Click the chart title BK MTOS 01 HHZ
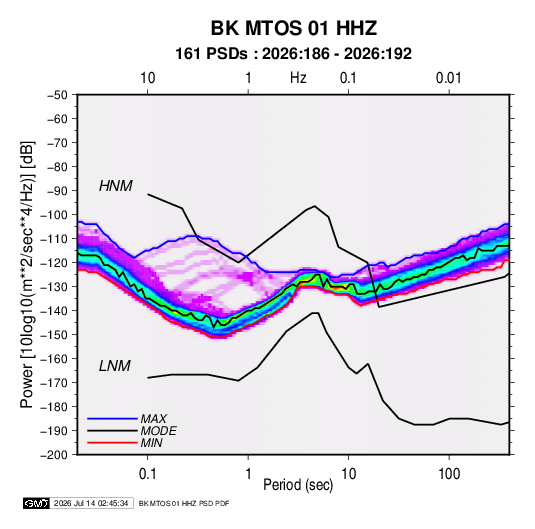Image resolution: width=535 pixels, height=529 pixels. click(294, 28)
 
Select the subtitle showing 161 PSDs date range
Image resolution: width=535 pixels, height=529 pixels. click(293, 54)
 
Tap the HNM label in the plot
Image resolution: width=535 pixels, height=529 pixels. click(116, 186)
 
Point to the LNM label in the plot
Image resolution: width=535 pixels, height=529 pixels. click(115, 366)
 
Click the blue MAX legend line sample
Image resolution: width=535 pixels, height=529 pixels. click(112, 418)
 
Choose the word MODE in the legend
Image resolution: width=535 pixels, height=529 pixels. click(159, 431)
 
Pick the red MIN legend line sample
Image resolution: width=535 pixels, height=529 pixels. click(112, 443)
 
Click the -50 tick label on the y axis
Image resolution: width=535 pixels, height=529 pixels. click(57, 95)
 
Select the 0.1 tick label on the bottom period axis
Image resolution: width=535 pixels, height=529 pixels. click(147, 474)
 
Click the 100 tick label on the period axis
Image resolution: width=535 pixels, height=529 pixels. click(449, 474)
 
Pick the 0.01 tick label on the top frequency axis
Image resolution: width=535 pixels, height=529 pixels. click(449, 78)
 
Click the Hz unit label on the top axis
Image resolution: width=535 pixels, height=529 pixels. click(298, 78)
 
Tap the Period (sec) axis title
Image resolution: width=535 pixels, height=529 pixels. click(298, 485)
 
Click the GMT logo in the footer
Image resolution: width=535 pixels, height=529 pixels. click(36, 503)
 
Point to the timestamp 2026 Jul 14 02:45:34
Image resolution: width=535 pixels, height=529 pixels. click(91, 503)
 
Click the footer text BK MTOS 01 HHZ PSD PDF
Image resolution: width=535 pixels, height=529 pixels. click(184, 503)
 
